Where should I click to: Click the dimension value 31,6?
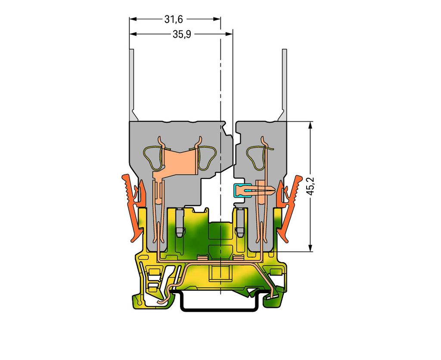pos(171,19)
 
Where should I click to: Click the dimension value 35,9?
pos(182,34)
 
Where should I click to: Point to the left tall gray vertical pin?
pos(132,82)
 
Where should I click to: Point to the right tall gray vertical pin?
pos(284,82)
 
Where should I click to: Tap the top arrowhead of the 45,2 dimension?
pos(310,125)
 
